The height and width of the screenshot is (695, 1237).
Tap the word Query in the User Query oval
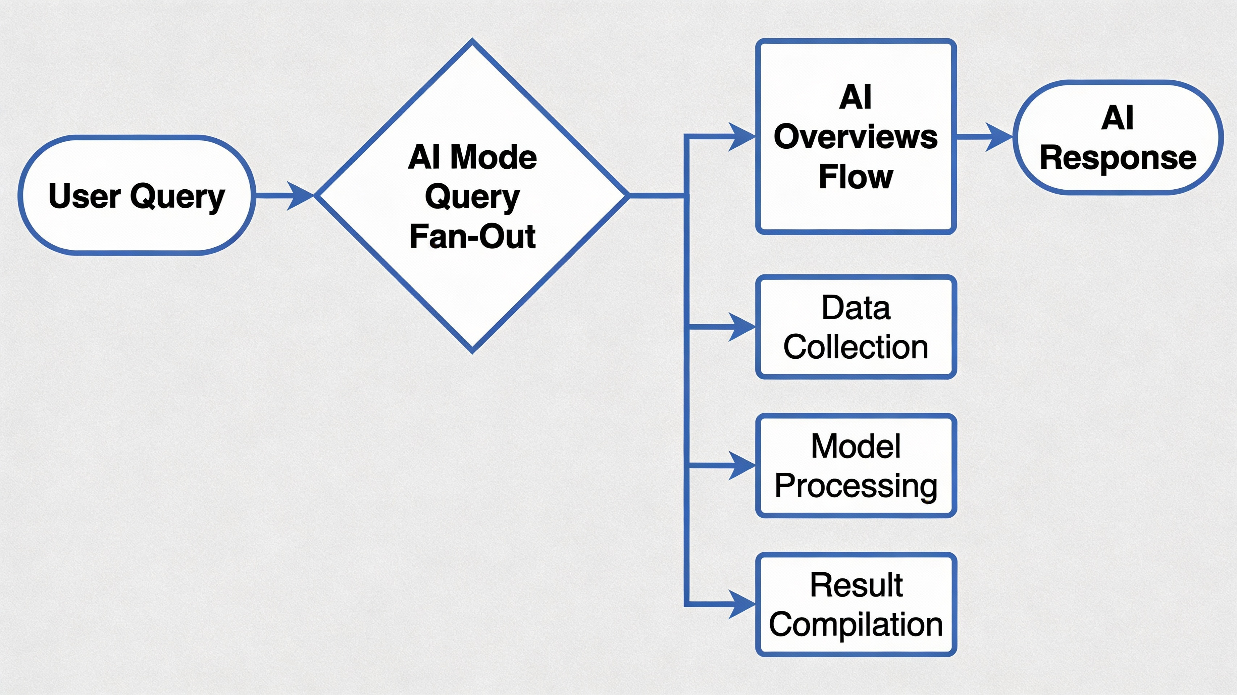(178, 197)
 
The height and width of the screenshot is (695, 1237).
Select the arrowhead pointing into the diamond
(301, 195)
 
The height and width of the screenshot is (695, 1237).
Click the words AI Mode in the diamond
(473, 157)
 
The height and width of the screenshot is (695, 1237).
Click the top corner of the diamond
(473, 41)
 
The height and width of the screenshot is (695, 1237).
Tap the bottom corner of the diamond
(473, 351)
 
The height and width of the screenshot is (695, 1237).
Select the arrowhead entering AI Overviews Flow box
(742, 136)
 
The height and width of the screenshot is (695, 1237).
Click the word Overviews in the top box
(856, 137)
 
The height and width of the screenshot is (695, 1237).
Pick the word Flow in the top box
(856, 177)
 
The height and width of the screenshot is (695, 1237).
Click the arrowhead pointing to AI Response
(999, 137)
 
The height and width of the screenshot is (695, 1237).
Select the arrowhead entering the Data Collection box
(742, 327)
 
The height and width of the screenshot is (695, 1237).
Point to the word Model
(856, 446)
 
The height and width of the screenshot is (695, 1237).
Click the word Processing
(856, 485)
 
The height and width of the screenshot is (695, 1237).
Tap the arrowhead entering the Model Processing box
(742, 466)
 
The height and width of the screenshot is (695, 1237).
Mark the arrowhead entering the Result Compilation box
(742, 604)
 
